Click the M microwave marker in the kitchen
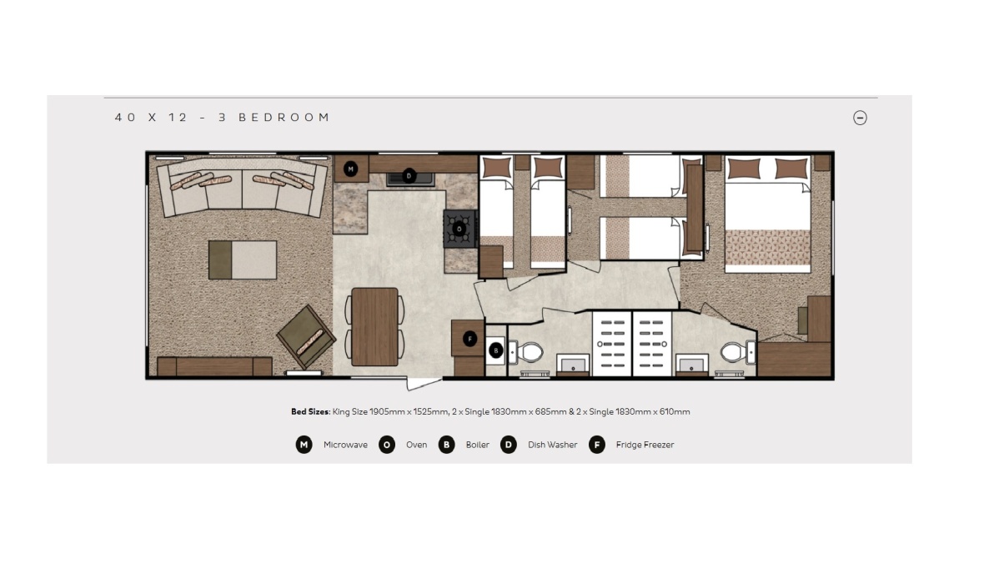coord(351,169)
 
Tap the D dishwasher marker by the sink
coord(409,176)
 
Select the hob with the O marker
coord(459,229)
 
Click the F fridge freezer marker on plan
coord(470,339)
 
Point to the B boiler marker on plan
coord(496,351)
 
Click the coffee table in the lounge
coord(242,259)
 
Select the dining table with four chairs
coord(374,326)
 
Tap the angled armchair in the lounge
coord(306,336)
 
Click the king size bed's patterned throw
coord(767,247)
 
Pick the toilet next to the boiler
coord(528,352)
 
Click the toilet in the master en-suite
coord(734,352)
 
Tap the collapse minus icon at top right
coord(860,118)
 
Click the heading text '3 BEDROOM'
coord(284,118)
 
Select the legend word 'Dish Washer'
coord(552,445)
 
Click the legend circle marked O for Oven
coord(386,445)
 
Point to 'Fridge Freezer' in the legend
coord(645,445)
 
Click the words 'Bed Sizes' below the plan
coord(309,411)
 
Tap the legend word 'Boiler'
coord(477,445)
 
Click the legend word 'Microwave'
coord(345,445)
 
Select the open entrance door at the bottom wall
coord(424,383)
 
